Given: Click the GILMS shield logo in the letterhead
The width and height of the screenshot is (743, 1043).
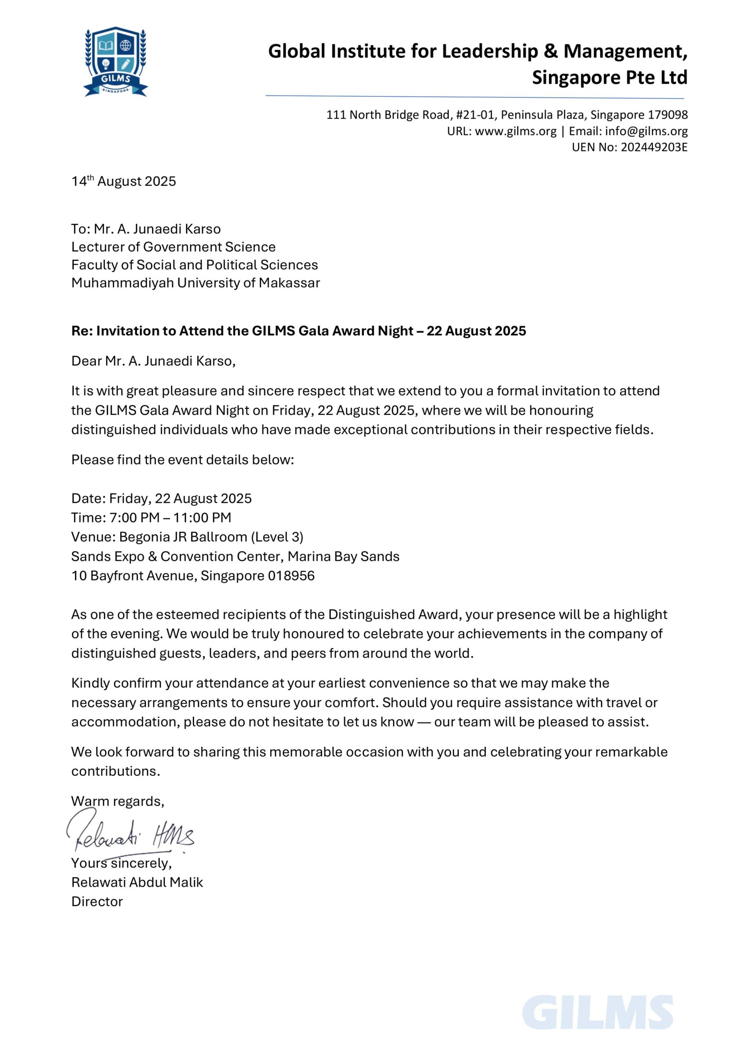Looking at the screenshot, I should click(115, 61).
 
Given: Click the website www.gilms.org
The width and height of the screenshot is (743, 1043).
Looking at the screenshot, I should click(515, 131).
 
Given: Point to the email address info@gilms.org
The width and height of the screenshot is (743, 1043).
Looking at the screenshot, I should click(646, 131).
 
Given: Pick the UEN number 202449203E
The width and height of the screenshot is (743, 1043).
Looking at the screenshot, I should click(654, 147).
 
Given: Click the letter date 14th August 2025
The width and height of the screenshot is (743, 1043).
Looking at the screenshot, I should click(124, 181).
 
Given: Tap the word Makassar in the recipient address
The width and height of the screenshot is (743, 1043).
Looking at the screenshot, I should click(289, 283).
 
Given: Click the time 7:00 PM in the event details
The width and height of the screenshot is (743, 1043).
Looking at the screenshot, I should click(135, 517).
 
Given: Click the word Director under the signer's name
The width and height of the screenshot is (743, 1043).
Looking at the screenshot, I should click(97, 901).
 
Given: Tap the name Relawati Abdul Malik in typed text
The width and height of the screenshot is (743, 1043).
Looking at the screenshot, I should click(137, 882).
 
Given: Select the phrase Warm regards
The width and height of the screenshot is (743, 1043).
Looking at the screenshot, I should click(117, 801).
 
